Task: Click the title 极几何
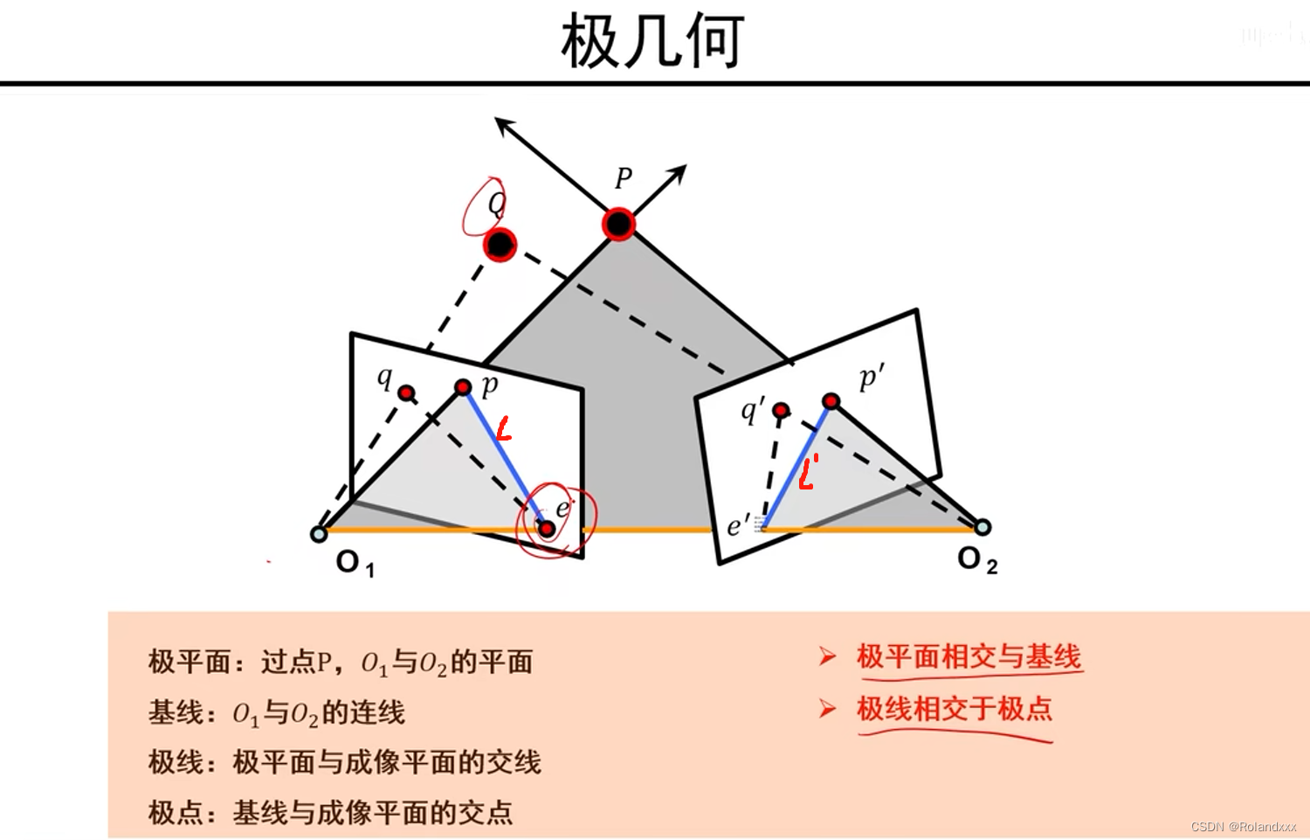coord(652,42)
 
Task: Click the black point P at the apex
coord(618,225)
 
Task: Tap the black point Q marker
coord(500,245)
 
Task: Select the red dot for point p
coord(464,386)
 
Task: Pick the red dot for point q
coord(406,393)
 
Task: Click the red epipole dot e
coord(547,529)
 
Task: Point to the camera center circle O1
coord(319,533)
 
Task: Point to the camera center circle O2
coord(982,527)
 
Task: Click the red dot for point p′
coord(831,401)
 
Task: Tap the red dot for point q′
coord(781,410)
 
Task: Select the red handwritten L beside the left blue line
coord(503,429)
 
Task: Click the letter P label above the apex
coord(623,178)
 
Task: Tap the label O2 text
coord(976,559)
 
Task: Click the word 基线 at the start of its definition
coord(176,713)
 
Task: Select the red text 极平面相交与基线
coord(969,656)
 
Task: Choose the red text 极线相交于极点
coord(955,709)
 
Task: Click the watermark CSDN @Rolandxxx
coord(1243,827)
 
